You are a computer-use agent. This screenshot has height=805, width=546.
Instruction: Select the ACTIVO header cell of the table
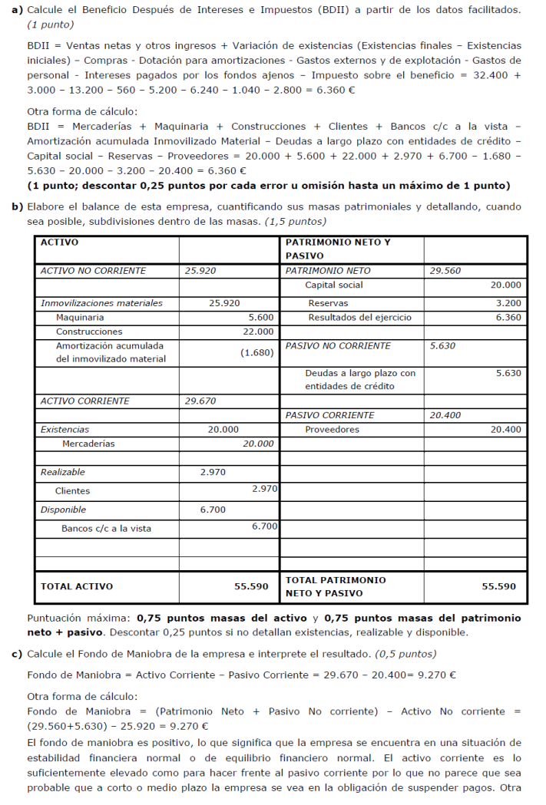pos(59,242)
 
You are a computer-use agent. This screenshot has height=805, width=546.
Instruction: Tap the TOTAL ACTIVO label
pos(77,586)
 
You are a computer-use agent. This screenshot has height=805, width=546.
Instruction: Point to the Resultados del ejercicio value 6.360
pos(508,317)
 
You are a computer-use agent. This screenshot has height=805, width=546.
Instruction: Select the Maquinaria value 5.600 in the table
pos(261,317)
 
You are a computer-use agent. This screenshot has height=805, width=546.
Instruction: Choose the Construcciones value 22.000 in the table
pos(258,332)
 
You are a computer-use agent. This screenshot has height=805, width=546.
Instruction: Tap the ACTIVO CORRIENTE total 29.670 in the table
pos(200,401)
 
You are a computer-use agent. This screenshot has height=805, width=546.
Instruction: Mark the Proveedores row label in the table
pos(332,430)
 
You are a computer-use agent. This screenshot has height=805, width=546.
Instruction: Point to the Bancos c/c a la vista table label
pos(106,528)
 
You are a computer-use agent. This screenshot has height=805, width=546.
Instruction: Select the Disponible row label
pos(63,510)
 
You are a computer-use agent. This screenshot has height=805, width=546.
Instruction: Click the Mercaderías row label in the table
pos(88,444)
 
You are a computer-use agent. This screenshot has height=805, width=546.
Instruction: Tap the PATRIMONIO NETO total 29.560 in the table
pos(445,271)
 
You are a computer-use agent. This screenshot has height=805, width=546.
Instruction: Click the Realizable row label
pos(63,472)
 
